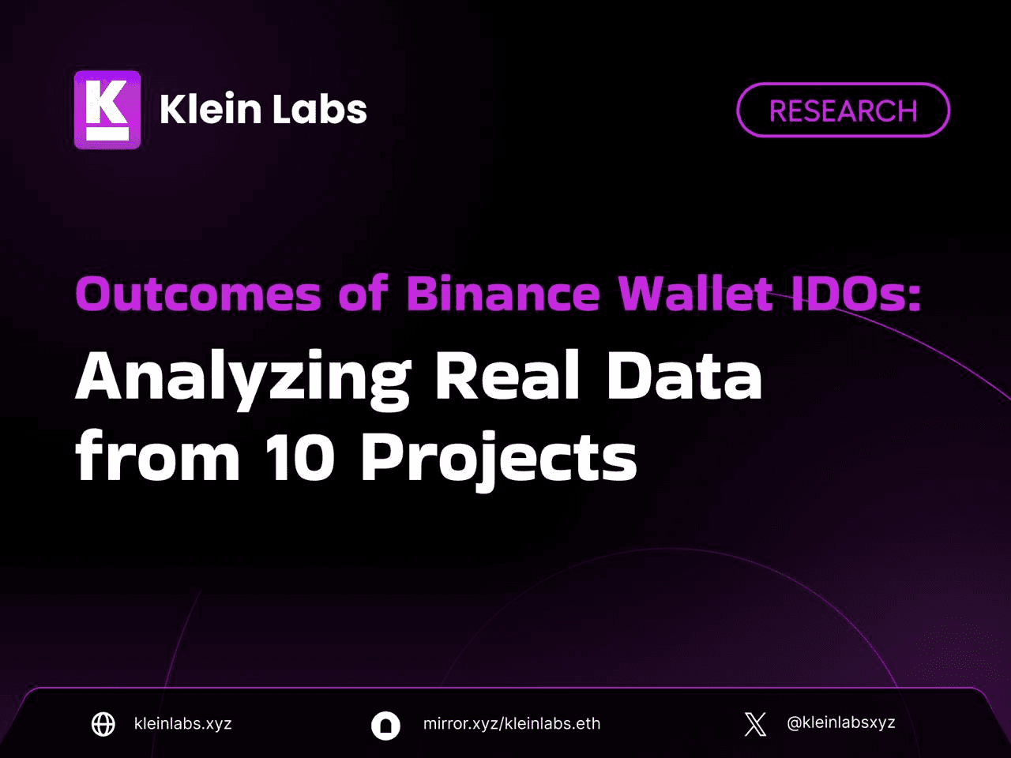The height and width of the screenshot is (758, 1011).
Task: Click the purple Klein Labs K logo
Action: [x=107, y=110]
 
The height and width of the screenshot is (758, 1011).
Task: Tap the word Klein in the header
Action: [x=210, y=109]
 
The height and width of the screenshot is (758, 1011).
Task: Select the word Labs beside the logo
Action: [x=320, y=109]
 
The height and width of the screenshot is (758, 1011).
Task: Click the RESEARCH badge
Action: [x=843, y=110]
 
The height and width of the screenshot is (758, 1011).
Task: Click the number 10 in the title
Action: [x=300, y=458]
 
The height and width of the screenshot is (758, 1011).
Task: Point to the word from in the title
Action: [x=157, y=455]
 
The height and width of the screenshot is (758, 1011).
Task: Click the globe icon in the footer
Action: [x=103, y=724]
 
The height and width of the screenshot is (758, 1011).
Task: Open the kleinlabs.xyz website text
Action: [x=183, y=723]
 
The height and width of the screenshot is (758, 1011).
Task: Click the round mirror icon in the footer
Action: [x=385, y=726]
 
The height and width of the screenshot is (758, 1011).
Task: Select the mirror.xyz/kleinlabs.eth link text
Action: [x=512, y=723]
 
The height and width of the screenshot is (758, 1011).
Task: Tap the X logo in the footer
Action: [x=755, y=724]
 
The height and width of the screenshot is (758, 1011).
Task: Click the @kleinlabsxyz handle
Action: [x=841, y=723]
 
